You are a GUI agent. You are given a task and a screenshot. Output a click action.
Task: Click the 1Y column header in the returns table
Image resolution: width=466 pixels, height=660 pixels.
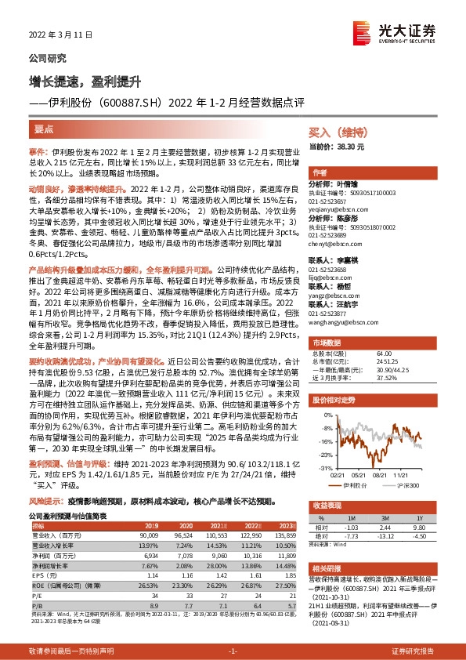419,518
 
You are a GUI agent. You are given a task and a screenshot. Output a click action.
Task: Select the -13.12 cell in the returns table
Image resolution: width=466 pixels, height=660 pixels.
384,535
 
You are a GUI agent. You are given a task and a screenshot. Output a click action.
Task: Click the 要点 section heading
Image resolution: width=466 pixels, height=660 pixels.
45,128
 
